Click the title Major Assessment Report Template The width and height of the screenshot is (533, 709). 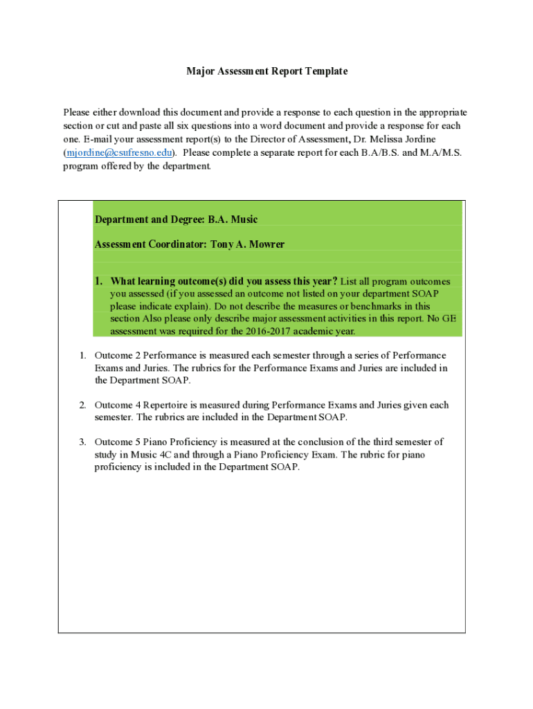pos(266,71)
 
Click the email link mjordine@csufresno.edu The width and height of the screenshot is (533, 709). pos(119,153)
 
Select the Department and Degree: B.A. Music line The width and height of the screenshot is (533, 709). pos(176,219)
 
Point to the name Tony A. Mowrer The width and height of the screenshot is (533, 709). pos(247,244)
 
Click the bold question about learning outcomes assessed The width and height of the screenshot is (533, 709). pos(224,281)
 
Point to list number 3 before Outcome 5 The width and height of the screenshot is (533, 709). pos(82,442)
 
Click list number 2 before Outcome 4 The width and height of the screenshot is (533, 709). pos(82,405)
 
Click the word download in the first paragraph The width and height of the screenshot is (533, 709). pos(139,112)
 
